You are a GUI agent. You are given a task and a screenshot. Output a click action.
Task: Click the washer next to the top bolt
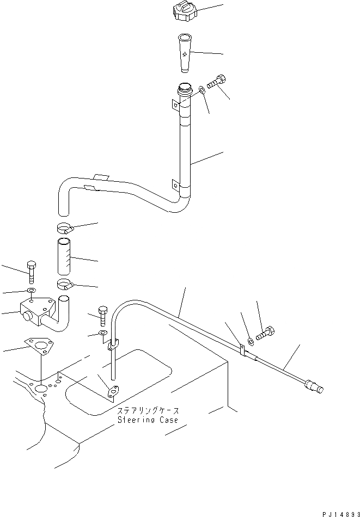point(203,89)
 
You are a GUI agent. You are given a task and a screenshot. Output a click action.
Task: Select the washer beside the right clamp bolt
point(251,341)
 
